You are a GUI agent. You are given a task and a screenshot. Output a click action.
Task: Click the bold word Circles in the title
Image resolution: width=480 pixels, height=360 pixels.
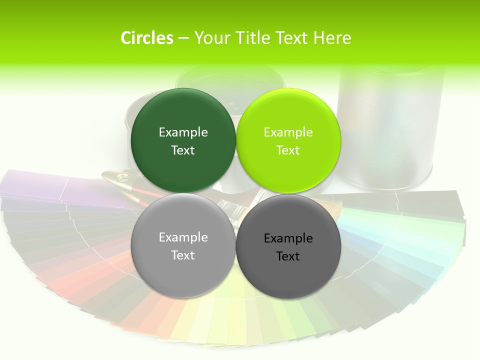pyautogui.click(x=147, y=38)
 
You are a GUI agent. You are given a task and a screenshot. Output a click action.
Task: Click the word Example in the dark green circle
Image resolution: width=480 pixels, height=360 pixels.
pyautogui.click(x=183, y=132)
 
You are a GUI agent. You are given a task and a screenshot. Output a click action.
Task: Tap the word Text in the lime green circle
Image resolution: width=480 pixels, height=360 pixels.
pyautogui.click(x=288, y=150)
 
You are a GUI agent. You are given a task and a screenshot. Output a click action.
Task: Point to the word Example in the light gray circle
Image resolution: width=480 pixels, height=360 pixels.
pyautogui.click(x=183, y=237)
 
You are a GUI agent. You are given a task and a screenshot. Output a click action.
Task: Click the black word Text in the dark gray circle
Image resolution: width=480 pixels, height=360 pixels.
pyautogui.click(x=288, y=256)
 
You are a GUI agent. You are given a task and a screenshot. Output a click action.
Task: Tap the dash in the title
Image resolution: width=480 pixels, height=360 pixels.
pyautogui.click(x=183, y=38)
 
